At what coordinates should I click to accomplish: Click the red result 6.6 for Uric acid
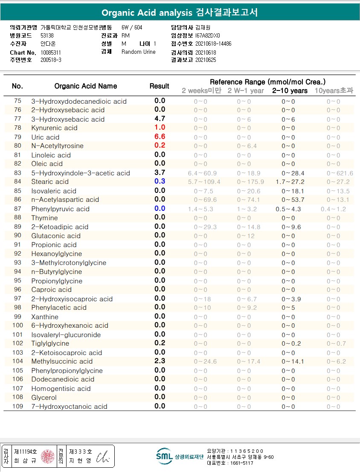click(x=160, y=137)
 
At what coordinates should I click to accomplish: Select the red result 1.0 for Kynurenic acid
click(x=160, y=127)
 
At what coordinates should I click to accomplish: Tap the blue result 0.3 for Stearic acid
click(x=160, y=181)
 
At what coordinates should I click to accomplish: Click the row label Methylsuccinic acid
click(x=62, y=361)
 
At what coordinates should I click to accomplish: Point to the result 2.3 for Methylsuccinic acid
click(x=160, y=361)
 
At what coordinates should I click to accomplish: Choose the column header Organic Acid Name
click(x=85, y=86)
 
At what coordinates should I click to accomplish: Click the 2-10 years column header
click(x=290, y=90)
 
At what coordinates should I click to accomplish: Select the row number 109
click(x=17, y=406)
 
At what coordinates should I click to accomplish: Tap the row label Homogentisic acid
click(x=61, y=388)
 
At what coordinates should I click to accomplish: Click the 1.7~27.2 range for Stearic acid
click(x=290, y=182)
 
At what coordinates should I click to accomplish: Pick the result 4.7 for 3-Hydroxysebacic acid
click(x=160, y=119)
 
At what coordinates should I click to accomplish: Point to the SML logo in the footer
click(x=164, y=456)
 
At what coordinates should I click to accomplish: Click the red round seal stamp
click(x=47, y=456)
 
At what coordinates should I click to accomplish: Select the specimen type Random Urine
click(x=139, y=52)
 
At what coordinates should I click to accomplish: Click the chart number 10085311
click(x=51, y=52)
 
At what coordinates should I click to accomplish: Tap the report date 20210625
click(x=206, y=60)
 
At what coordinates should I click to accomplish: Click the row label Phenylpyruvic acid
click(x=60, y=209)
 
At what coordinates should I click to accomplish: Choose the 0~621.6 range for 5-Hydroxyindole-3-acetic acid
click(x=340, y=173)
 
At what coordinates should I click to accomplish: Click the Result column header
click(x=160, y=86)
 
